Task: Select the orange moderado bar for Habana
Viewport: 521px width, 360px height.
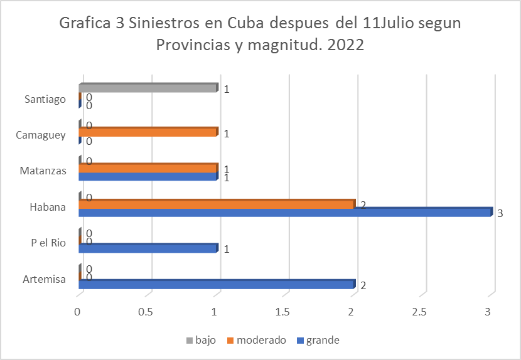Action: pos(217,204)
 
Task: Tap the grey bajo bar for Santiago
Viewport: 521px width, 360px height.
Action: pos(148,88)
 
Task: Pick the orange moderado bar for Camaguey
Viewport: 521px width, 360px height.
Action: pos(148,132)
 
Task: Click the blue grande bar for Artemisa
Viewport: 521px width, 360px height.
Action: pos(217,284)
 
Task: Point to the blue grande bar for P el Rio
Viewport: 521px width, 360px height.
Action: pos(148,248)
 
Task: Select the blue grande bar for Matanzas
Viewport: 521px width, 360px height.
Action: pos(148,177)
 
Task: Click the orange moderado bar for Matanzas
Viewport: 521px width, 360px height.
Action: pos(148,168)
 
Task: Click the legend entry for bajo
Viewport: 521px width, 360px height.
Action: pos(201,341)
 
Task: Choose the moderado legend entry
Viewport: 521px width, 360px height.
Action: pos(256,341)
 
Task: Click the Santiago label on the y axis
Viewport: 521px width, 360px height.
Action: pos(45,99)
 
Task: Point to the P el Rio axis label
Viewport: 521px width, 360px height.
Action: pos(48,243)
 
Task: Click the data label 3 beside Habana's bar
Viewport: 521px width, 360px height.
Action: pos(500,214)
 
